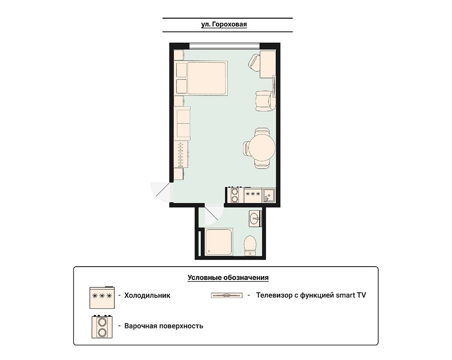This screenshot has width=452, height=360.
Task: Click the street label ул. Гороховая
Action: point(224,24)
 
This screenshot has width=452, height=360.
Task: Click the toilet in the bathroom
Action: point(250,246)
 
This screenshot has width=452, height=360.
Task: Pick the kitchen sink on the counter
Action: point(269,195)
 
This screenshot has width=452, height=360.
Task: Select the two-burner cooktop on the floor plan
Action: point(235,195)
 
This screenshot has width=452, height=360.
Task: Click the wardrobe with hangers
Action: point(182,154)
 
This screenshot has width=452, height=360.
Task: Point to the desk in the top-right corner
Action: point(268,64)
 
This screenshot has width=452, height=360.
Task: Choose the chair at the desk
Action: point(254,63)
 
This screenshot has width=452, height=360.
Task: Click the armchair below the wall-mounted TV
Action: point(265,101)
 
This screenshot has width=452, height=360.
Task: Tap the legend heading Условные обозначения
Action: point(228,278)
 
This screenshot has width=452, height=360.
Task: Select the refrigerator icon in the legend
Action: point(102,297)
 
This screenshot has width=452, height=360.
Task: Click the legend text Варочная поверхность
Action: point(164,326)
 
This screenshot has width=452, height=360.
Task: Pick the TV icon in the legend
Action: point(227,295)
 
